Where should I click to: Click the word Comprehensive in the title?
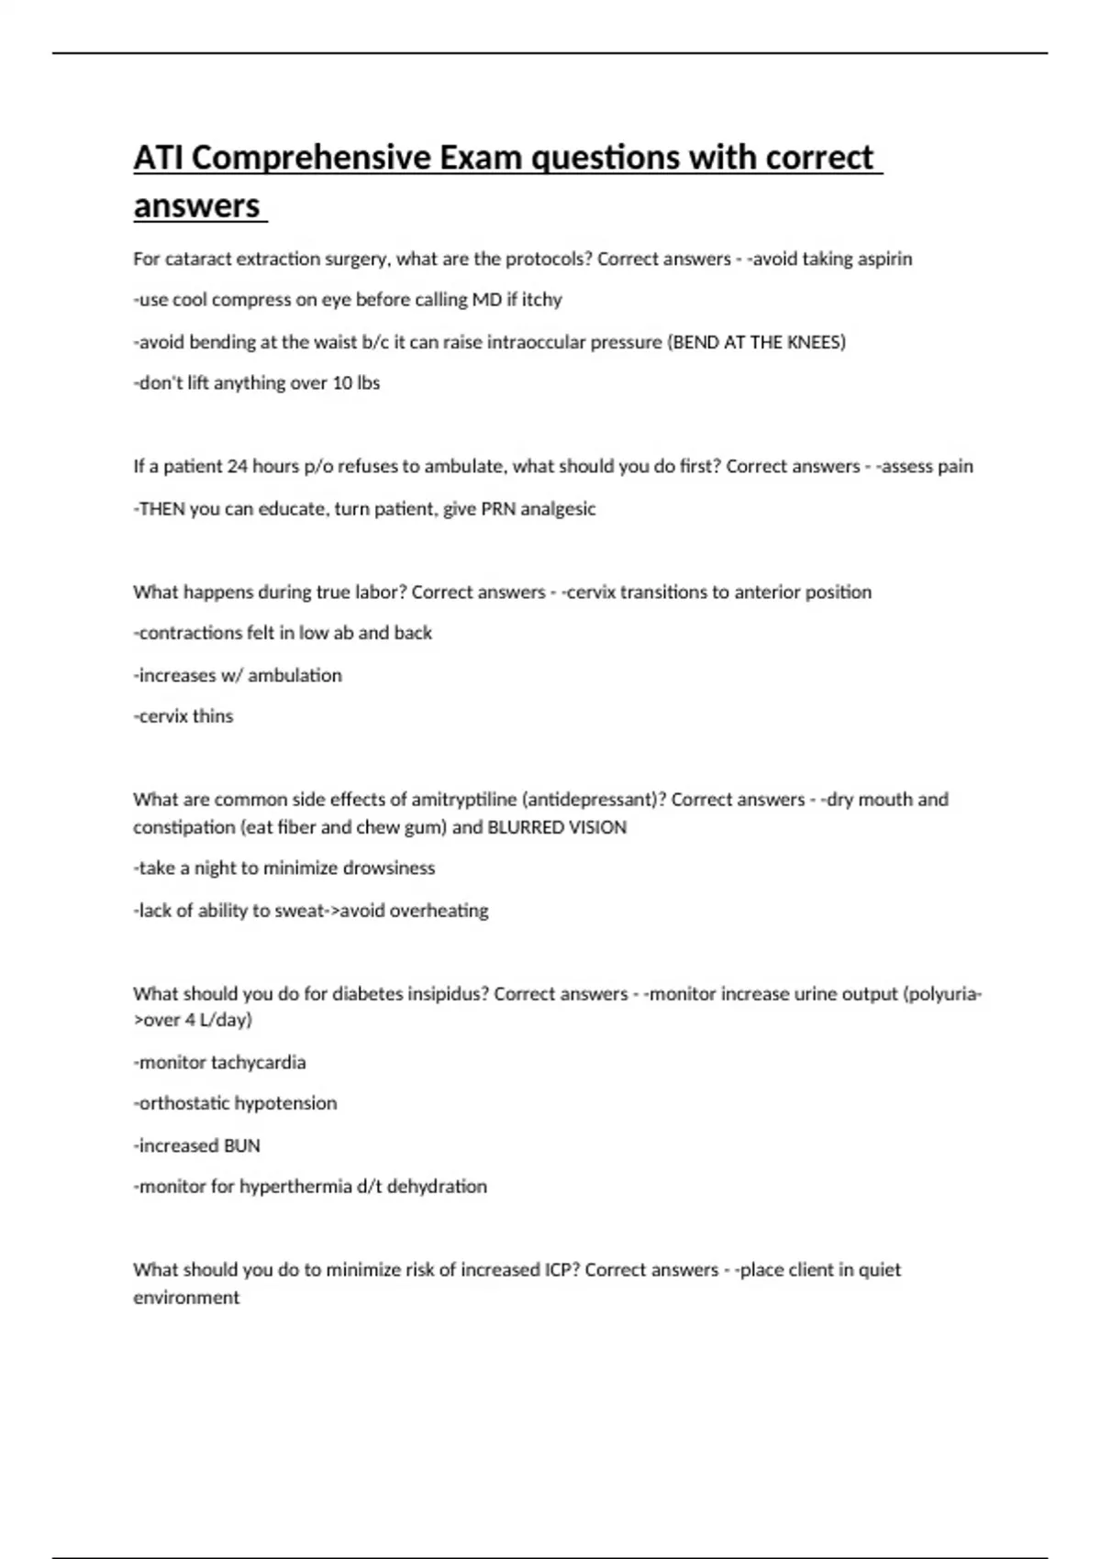click(311, 158)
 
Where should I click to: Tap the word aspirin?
click(882, 259)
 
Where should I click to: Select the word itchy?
click(541, 300)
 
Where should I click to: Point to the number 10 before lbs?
click(342, 383)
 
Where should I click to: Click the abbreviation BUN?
click(242, 1145)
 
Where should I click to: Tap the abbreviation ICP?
click(560, 1269)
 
